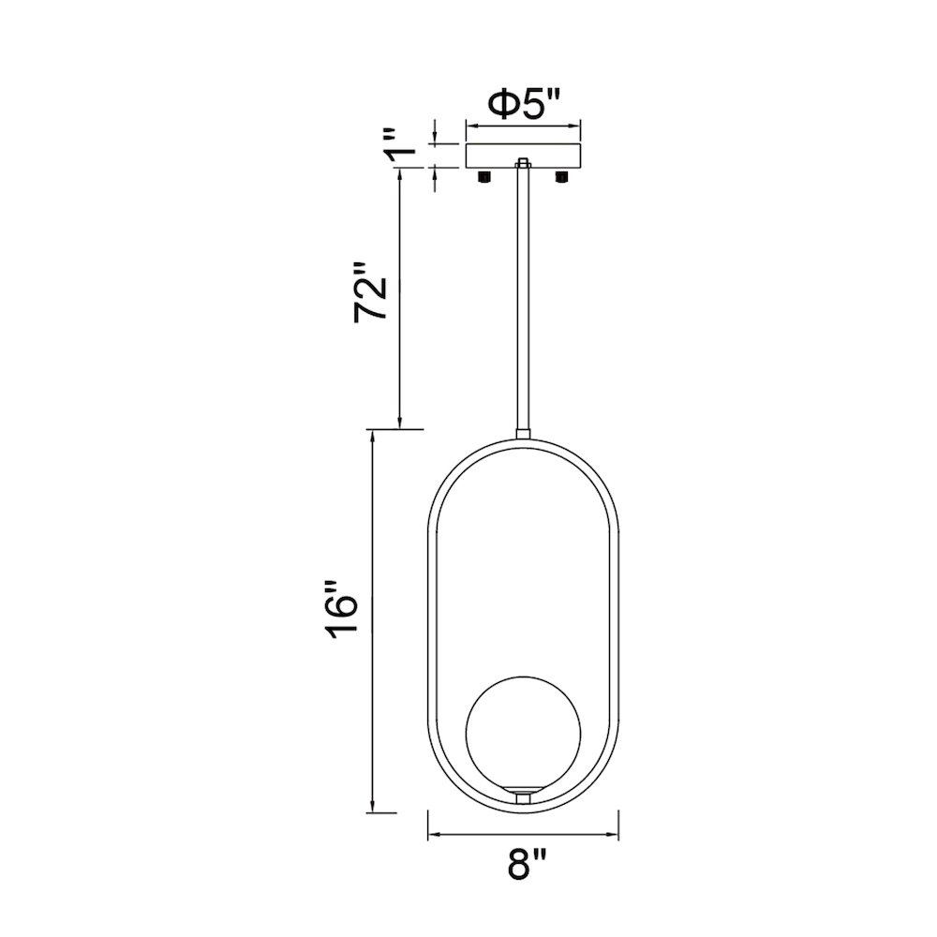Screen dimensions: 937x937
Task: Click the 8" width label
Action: point(527,864)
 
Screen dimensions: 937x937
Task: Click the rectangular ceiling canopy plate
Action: point(523,156)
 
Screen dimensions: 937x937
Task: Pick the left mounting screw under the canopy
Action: point(484,176)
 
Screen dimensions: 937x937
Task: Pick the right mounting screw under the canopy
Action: point(561,176)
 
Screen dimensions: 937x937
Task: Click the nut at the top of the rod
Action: point(523,162)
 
